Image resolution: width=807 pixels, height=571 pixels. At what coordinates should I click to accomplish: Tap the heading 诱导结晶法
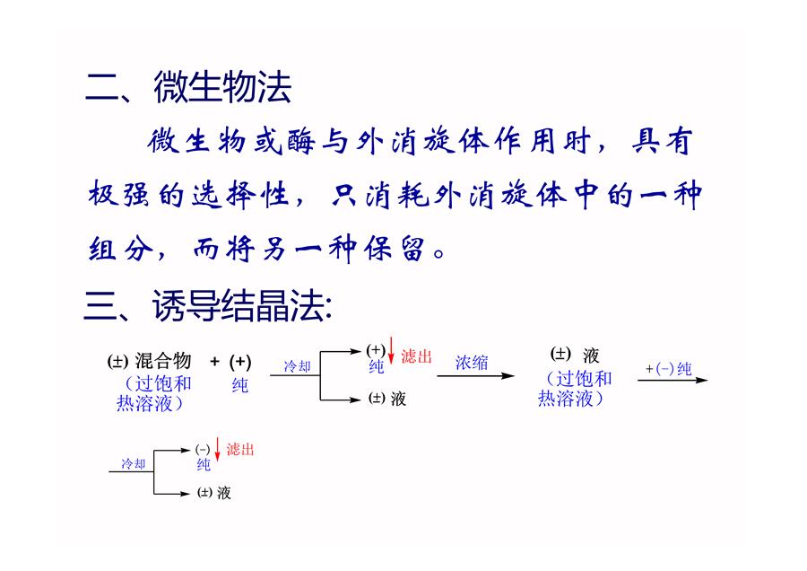pos(242,305)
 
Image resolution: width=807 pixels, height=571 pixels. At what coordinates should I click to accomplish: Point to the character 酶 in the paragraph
pos(301,141)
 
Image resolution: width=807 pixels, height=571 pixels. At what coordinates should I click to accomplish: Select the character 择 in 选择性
pos(241,196)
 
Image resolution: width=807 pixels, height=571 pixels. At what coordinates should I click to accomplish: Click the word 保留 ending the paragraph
pos(395,250)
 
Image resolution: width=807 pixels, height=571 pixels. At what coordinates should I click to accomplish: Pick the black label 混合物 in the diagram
pos(163,361)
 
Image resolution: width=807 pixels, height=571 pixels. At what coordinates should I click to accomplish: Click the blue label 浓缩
pos(472,363)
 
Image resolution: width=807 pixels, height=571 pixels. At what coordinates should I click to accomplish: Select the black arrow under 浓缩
pos(475,375)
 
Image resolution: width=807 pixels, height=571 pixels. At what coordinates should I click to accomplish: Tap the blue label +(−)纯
pos(669,368)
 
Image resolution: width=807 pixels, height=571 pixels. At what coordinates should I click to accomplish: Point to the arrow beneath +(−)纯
pos(672,380)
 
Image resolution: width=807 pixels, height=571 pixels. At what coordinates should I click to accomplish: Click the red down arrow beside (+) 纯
pos(391,350)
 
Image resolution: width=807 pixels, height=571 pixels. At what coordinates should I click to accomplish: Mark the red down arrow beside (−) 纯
pos(217,449)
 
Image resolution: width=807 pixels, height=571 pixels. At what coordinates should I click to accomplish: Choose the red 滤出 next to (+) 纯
pos(416,356)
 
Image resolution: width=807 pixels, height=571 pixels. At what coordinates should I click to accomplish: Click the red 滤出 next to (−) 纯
pos(240,450)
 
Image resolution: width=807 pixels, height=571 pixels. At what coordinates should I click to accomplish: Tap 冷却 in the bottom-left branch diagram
pos(134,464)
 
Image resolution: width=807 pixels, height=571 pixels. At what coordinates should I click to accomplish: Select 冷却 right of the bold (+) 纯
pos(298,366)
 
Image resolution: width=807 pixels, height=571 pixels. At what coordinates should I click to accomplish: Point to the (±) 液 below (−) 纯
pos(214,493)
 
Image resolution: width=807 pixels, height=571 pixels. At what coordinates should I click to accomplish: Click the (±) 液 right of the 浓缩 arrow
pos(575,355)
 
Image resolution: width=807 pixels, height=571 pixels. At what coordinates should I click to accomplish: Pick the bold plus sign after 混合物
pos(214,361)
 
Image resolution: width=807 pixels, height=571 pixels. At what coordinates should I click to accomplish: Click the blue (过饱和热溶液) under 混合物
pos(153,393)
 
